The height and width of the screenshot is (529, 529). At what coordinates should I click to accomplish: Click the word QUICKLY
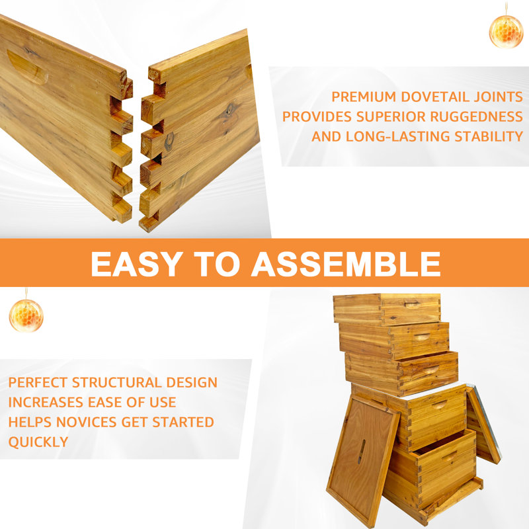tap(38, 442)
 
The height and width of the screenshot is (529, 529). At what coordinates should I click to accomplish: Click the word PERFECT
tap(38, 382)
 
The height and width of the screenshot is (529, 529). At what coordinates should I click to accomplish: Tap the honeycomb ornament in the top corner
tap(506, 30)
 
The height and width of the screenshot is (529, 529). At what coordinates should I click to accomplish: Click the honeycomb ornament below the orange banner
tap(26, 315)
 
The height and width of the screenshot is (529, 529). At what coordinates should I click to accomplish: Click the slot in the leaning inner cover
tap(360, 451)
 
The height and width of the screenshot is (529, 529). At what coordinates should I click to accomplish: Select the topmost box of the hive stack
tap(386, 308)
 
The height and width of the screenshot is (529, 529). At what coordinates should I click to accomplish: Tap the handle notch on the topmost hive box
tap(412, 305)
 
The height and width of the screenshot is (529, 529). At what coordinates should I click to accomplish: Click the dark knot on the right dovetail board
tap(169, 140)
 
